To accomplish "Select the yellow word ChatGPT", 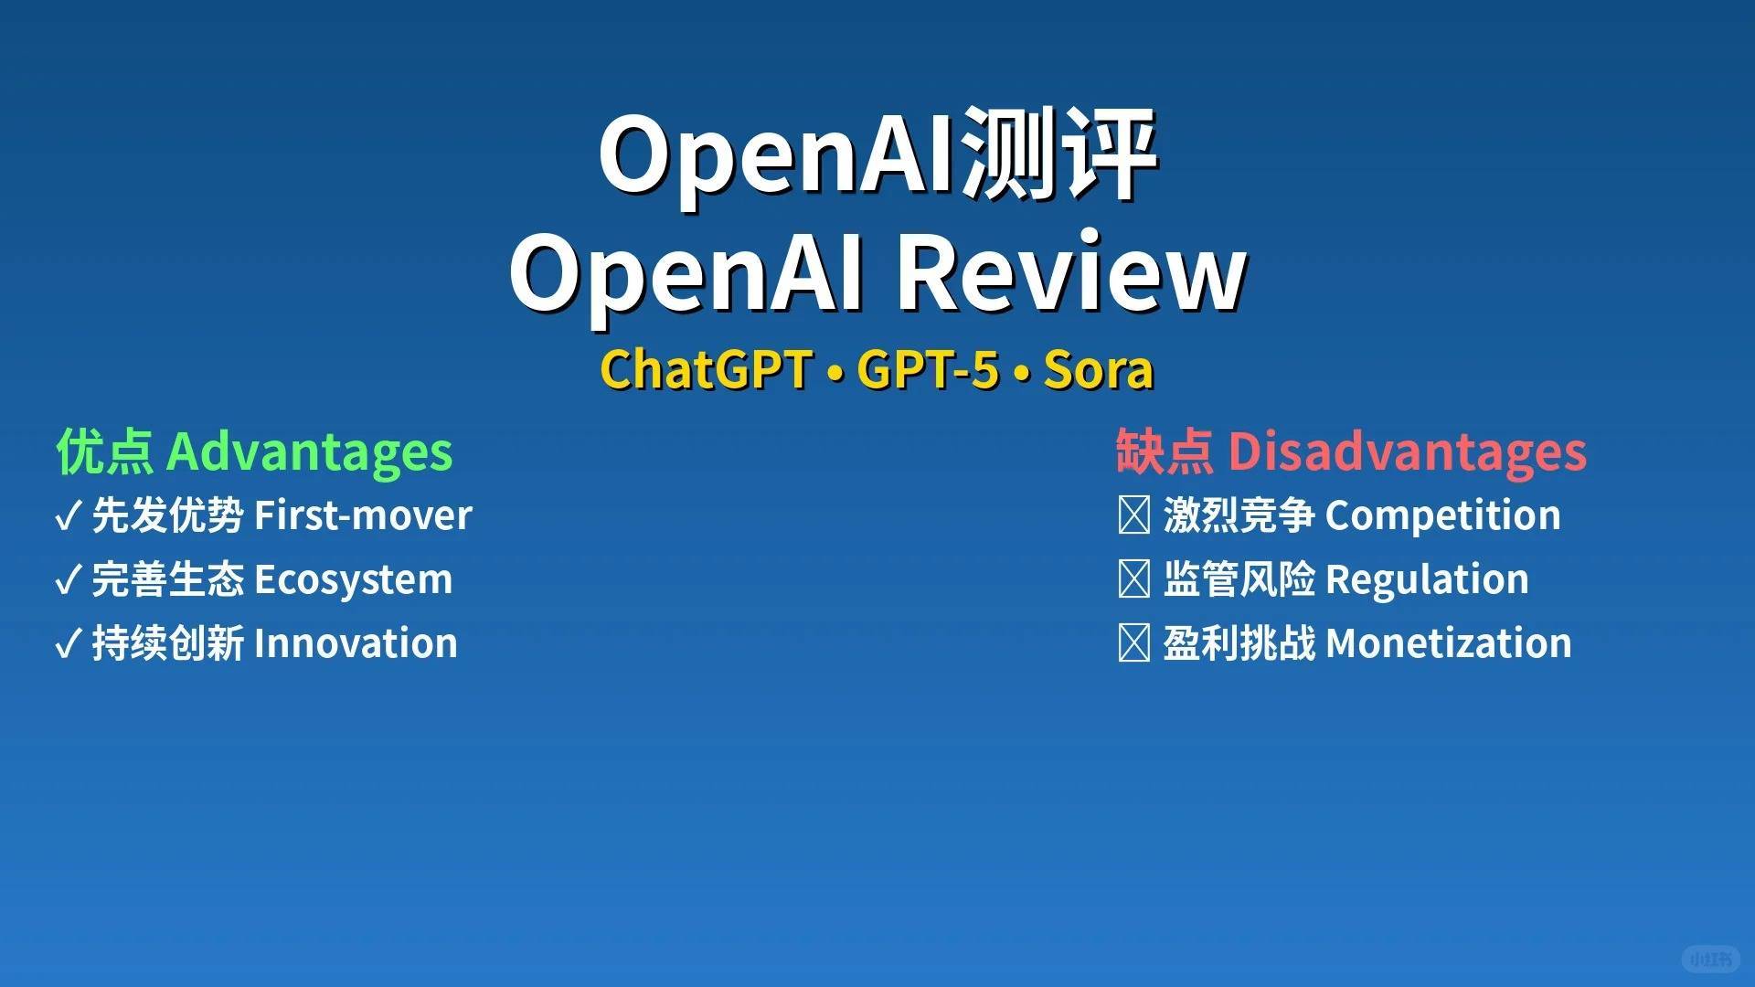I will [706, 370].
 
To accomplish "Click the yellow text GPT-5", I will [928, 370].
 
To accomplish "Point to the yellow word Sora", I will [1098, 370].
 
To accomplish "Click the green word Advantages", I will [309, 452].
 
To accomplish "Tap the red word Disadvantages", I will [1407, 452].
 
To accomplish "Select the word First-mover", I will [363, 515].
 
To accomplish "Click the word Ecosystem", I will [353, 580].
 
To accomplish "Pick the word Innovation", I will [356, 643].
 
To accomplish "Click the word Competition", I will [1442, 515].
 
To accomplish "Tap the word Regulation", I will [1427, 580].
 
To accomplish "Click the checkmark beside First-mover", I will [69, 516].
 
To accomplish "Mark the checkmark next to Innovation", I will [69, 644].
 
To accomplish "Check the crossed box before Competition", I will [1133, 515].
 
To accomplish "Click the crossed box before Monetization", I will [1133, 643].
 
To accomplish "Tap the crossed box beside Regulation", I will [1133, 579].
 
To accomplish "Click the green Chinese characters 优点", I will [104, 452].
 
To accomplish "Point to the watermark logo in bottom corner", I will [1710, 959].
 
